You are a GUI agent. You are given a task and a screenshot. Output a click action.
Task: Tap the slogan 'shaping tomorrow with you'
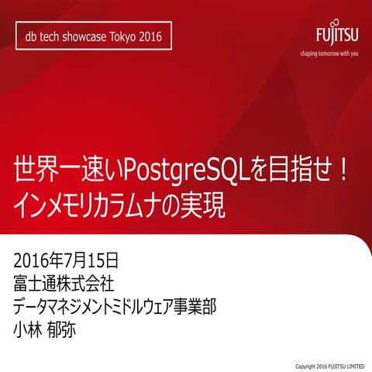tap(329, 53)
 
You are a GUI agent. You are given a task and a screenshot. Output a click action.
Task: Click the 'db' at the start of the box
tap(32, 37)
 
